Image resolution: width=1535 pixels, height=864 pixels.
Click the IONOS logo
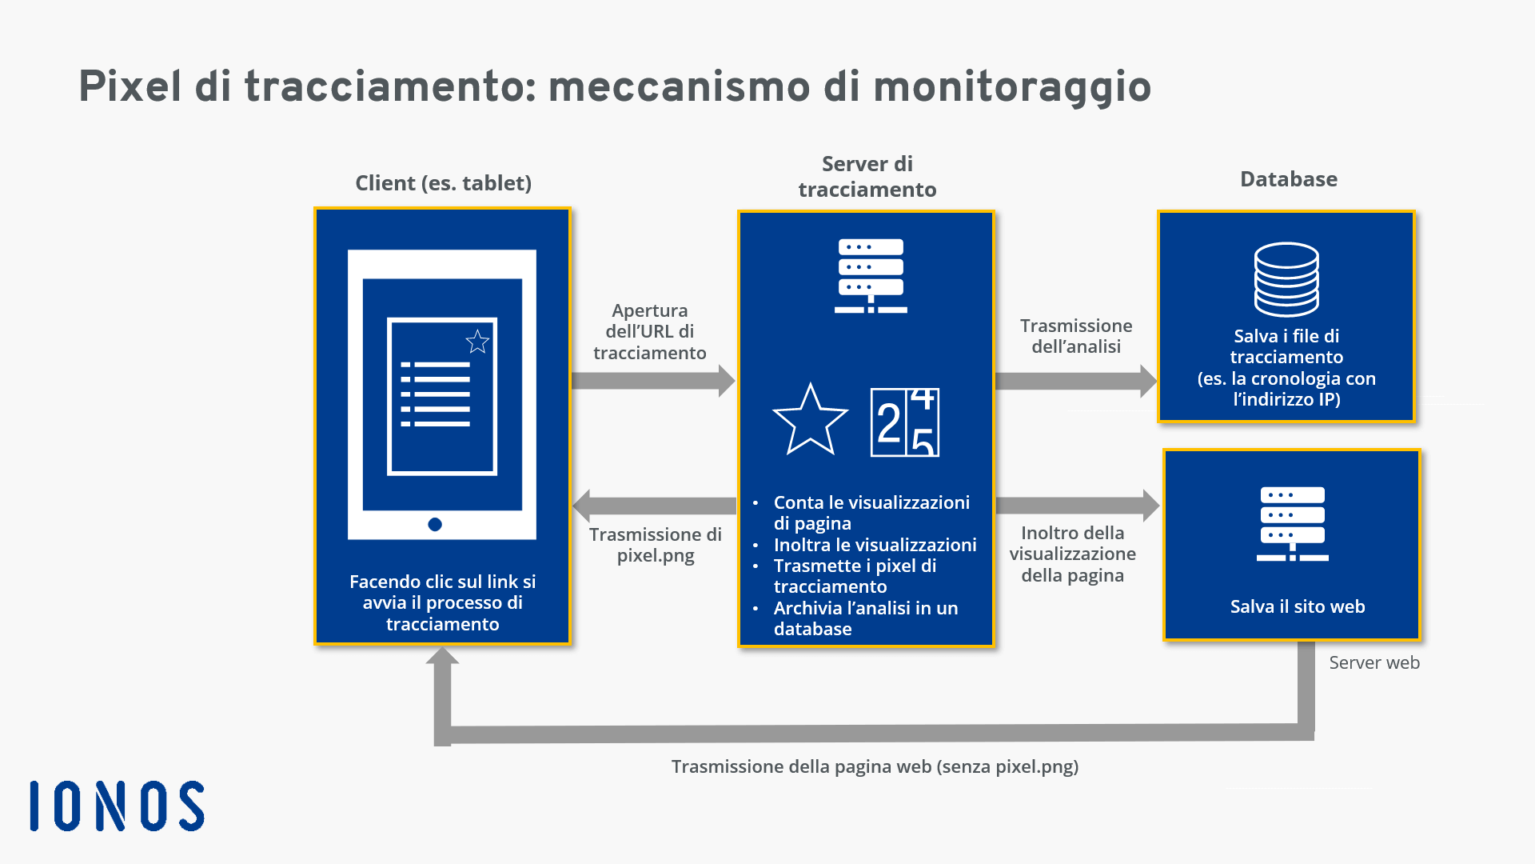[x=117, y=806]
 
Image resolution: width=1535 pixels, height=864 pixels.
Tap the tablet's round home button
[x=435, y=525]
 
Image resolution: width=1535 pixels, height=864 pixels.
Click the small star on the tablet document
[x=477, y=342]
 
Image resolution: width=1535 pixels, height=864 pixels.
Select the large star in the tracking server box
[x=810, y=419]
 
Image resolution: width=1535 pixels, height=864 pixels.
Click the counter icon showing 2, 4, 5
[x=905, y=422]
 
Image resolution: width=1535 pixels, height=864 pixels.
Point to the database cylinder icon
[x=1286, y=280]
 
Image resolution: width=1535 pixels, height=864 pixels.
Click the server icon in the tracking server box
[x=871, y=275]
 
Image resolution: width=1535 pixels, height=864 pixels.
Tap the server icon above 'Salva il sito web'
[x=1293, y=524]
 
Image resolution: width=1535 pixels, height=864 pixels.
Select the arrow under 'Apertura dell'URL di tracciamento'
[x=653, y=381]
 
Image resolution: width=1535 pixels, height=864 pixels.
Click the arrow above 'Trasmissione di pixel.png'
[x=655, y=506]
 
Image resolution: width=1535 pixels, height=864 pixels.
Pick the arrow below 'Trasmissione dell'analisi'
[x=1077, y=381]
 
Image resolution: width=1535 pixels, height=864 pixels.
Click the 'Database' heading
[x=1289, y=179]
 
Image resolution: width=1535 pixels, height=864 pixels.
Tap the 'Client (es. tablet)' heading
[x=444, y=183]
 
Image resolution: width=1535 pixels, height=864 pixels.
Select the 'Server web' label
[x=1374, y=662]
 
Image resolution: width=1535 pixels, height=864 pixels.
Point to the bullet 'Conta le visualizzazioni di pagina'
[x=871, y=513]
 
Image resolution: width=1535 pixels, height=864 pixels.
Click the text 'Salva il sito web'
[x=1298, y=606]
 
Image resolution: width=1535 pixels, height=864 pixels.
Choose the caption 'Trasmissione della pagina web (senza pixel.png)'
[x=875, y=766]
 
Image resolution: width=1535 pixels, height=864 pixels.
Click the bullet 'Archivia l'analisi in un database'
[x=866, y=618]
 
